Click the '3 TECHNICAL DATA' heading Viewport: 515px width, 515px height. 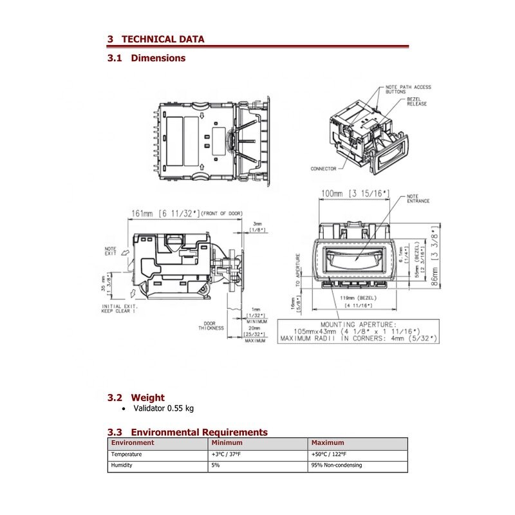coord(156,39)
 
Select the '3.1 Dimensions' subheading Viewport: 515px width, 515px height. coord(147,58)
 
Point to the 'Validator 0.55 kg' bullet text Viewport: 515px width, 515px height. coord(163,409)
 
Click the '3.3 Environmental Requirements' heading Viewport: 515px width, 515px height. coord(187,432)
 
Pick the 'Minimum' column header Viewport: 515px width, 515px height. coord(227,443)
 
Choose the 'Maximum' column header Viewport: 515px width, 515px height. coord(328,443)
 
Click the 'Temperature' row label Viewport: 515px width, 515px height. coord(127,454)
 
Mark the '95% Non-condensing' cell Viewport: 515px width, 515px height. coord(336,465)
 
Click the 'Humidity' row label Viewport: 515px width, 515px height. coord(122,465)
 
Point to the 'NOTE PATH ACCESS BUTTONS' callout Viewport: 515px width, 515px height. coord(408,89)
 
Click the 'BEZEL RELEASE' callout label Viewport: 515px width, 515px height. coord(417,102)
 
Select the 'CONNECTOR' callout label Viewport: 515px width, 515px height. coord(323,169)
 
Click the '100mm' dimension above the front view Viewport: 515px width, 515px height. coord(332,193)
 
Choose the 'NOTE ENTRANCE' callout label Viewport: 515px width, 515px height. coord(418,199)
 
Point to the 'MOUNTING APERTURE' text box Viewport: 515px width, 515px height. coord(358,331)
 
